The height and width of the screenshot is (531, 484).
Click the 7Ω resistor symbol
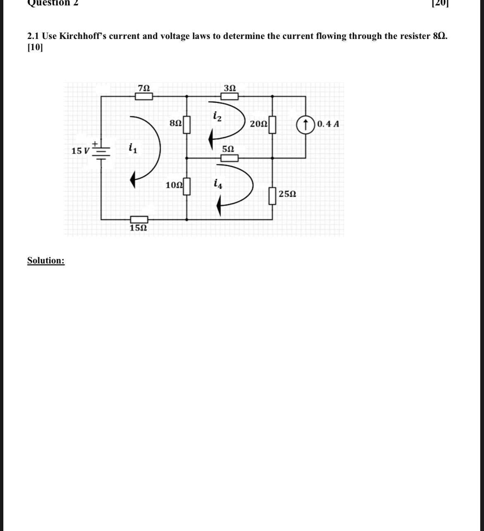pos(144,97)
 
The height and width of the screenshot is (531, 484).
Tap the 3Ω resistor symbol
pos(229,97)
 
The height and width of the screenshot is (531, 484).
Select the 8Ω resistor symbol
pos(187,125)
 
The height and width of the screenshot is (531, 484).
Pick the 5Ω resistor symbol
pos(229,157)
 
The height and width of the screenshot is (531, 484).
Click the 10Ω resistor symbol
pos(187,186)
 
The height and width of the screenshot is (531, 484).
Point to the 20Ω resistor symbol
pos(272,125)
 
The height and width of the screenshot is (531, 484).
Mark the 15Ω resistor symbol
pos(139,220)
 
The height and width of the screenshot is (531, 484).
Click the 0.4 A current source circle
pos(306,124)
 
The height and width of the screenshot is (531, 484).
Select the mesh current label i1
pos(132,147)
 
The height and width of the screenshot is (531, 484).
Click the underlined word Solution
pos(46,261)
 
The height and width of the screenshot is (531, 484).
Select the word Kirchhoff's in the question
pos(83,36)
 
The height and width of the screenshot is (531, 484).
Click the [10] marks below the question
pos(35,47)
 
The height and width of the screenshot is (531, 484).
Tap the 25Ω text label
pos(288,194)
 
